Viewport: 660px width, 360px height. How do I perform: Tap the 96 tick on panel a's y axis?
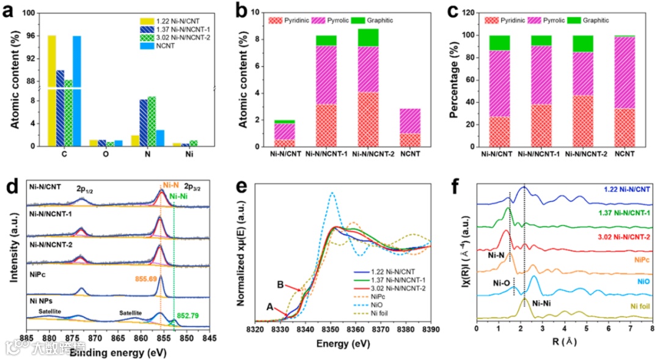30,37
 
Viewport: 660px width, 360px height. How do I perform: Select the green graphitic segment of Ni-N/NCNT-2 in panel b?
369,38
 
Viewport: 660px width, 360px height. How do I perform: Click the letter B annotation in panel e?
281,284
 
